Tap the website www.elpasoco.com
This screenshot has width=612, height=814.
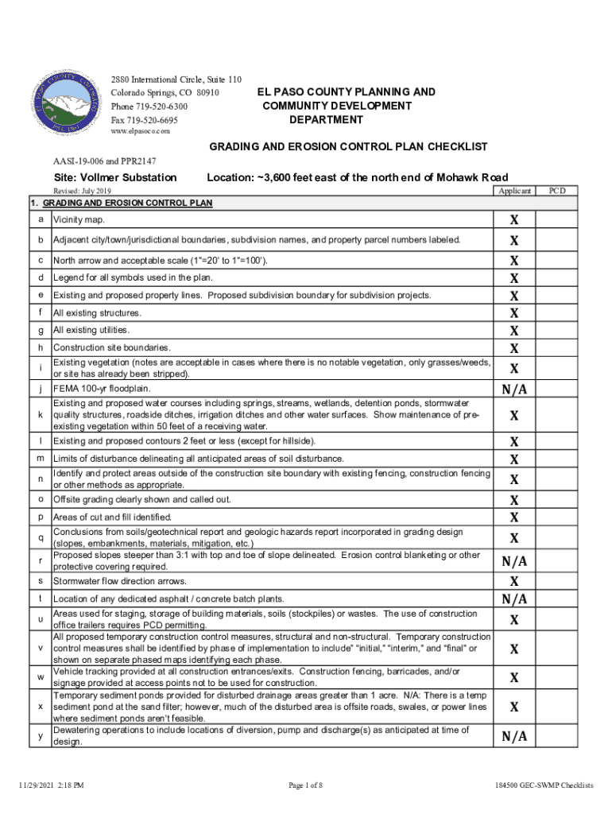click(x=141, y=131)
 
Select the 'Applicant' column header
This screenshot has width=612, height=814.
click(x=514, y=192)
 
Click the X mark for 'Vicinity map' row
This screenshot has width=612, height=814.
click(x=514, y=219)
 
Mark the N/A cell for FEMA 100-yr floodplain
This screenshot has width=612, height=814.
click(x=514, y=390)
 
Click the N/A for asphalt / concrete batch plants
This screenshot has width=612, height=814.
click(x=514, y=599)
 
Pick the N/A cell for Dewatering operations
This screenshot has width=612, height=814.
click(x=514, y=737)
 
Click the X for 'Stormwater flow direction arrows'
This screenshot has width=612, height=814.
click(x=514, y=581)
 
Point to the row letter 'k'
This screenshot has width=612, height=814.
click(x=40, y=415)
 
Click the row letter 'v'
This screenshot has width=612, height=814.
click(x=40, y=649)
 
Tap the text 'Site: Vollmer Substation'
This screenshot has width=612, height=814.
click(x=114, y=176)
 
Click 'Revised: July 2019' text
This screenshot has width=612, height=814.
click(x=82, y=192)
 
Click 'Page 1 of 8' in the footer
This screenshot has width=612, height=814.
click(x=306, y=785)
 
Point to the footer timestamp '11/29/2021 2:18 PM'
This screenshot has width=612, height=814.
click(x=52, y=785)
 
